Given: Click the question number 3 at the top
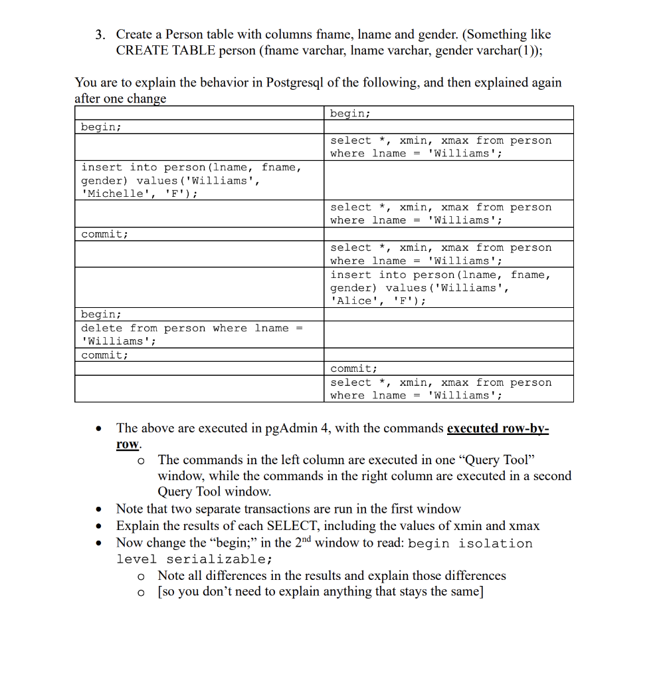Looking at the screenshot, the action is pos(100,35).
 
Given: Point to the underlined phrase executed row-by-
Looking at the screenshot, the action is pos(498,428).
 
